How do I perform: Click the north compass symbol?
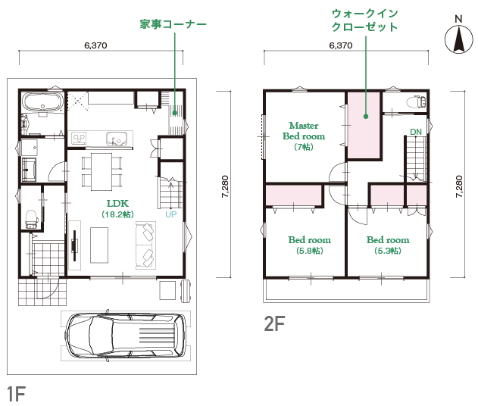coord(458,38)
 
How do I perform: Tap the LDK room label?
coord(117,209)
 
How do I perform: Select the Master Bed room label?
coord(304,136)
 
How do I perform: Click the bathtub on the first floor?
coord(42,102)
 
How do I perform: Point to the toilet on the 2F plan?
coord(416,101)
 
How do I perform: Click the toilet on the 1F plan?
coord(31,219)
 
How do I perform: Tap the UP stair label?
coord(171,214)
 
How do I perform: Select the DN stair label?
coord(416,132)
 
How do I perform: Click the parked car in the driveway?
coord(125,336)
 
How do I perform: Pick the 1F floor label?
coord(16,394)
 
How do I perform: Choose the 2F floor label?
coord(274,323)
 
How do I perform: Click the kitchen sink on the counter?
coord(117,139)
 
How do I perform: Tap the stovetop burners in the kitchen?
coord(79,138)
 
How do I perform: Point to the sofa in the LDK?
coord(145,245)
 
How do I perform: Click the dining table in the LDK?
coord(102,172)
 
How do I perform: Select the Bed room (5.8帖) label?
coord(309,245)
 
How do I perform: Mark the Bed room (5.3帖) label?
coord(388,245)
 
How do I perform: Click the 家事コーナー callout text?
coord(173,24)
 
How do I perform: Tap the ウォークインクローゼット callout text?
coord(364,20)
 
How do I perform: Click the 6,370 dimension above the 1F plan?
coord(95,45)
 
